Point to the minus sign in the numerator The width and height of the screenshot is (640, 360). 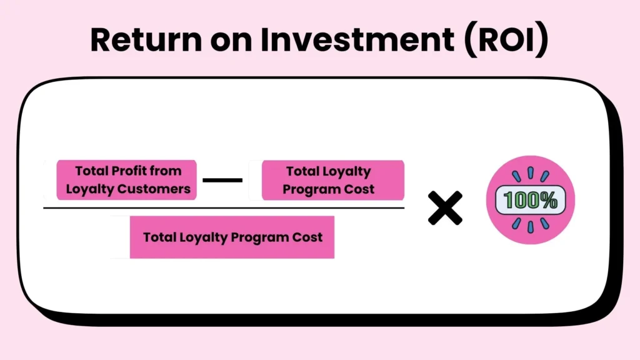coord(222,181)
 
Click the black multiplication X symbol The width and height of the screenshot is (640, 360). coord(445,208)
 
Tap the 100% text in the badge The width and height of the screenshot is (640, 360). coord(530,201)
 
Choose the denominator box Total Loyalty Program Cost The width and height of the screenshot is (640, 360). coord(232,237)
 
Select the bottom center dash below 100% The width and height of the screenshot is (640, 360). coord(530,226)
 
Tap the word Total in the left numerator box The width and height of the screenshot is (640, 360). coord(91,171)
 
